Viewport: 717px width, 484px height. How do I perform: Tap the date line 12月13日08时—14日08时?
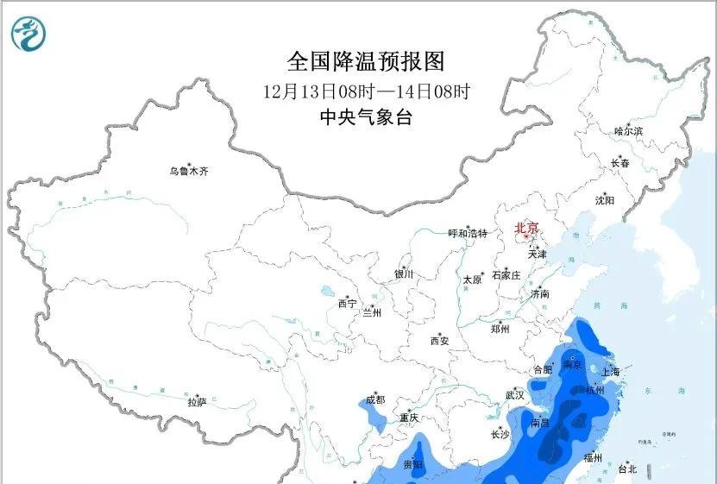pos(366,91)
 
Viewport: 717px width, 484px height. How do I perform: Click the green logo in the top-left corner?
pos(29,34)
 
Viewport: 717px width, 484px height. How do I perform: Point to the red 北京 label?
pos(526,229)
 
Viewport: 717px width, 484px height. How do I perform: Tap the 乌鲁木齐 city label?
pos(188,172)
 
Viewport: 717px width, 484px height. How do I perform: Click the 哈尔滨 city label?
pos(628,131)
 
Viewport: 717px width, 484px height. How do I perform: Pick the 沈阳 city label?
pos(604,200)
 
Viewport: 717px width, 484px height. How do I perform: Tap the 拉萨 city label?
pos(197,402)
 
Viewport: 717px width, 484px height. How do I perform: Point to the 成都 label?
pos(374,399)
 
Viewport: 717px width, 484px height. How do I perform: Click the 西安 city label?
pos(439,341)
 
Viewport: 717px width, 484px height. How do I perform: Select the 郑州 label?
pos(500,329)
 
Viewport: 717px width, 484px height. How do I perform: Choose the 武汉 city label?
pos(515,394)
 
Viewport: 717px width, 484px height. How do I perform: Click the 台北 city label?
pos(627,469)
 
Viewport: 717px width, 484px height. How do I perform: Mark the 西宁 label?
pos(347,304)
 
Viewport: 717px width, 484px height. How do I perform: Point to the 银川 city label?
pos(404,274)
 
